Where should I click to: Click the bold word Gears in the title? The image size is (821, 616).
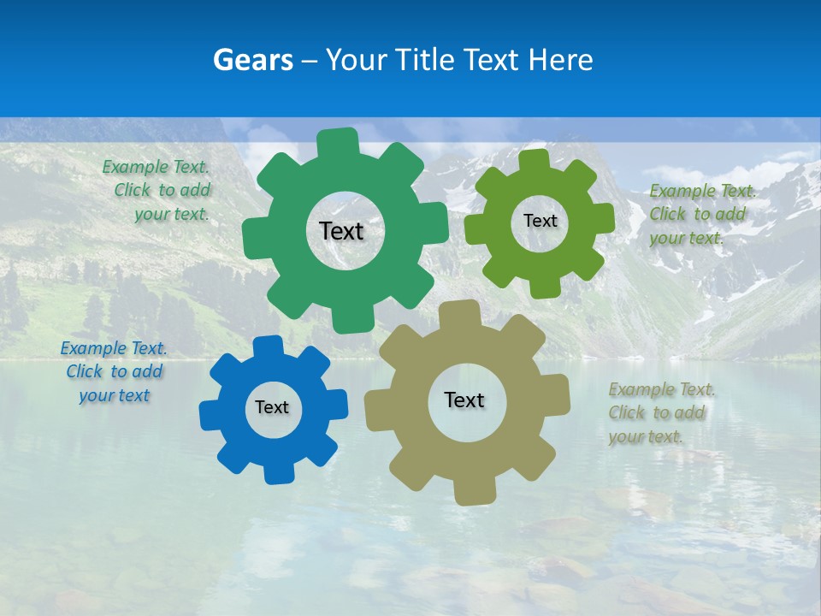pos(252,60)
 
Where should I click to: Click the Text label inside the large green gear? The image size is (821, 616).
pos(341,231)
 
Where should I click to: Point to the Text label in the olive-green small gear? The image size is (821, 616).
pos(540,221)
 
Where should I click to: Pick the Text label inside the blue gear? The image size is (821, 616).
pos(272,407)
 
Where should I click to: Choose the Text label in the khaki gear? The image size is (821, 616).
pos(464,400)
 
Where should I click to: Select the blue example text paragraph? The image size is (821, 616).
pos(115,371)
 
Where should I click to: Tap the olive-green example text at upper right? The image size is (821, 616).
pos(701,214)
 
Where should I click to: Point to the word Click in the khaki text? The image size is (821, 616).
pos(626,412)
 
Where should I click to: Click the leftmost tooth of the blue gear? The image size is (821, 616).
pos(210,416)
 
